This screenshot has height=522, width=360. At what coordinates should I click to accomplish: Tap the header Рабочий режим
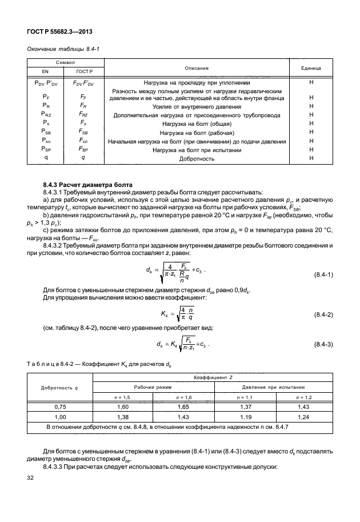pyautogui.click(x=153, y=386)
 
